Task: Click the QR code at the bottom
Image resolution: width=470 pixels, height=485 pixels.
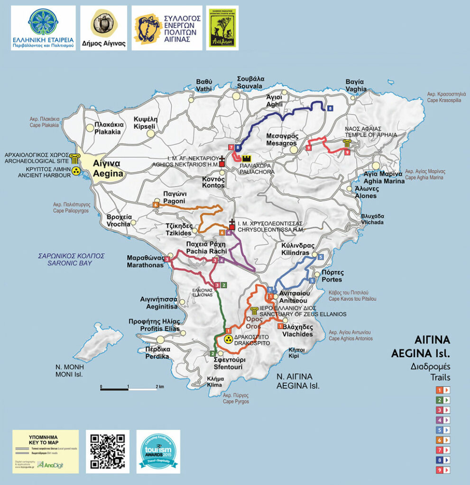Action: click(x=107, y=451)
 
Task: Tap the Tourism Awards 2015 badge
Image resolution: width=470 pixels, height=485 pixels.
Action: click(x=158, y=451)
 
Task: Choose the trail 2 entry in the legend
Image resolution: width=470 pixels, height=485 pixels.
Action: click(x=443, y=400)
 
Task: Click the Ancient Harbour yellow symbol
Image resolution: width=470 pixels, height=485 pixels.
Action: click(x=74, y=174)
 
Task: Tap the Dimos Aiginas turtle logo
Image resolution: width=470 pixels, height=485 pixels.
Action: click(x=103, y=27)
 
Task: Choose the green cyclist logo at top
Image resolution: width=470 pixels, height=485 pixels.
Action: click(x=222, y=27)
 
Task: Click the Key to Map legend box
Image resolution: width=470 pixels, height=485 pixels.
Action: click(x=46, y=451)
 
